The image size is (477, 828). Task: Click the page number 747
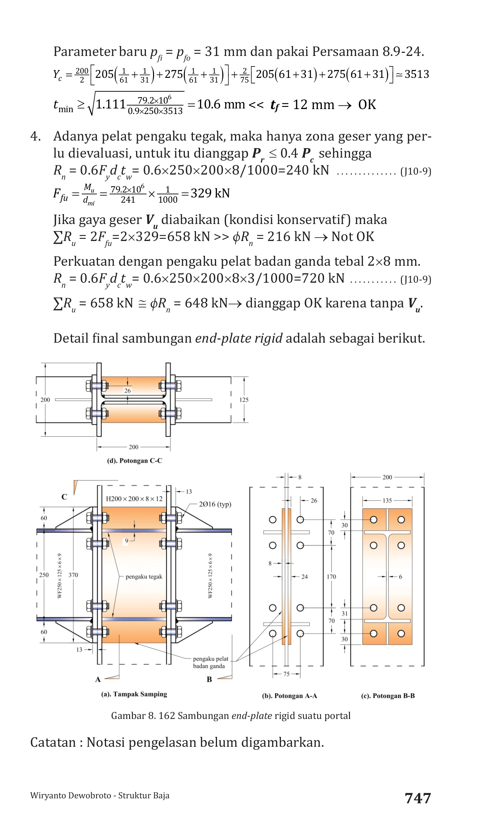point(418,798)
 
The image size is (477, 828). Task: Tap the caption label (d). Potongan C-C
point(135,461)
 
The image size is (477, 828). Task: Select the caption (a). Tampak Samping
point(134,694)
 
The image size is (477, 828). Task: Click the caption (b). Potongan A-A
point(289,696)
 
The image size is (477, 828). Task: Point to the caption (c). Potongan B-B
point(388,696)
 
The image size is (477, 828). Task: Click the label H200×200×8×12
point(134,499)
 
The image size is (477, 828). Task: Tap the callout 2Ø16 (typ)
point(215,504)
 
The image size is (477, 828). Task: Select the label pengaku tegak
point(144,577)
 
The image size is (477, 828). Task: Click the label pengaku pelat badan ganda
point(210,662)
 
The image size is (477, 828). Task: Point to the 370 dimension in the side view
point(73,575)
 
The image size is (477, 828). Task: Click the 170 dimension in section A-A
point(331,577)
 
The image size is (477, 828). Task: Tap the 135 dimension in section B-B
point(387,501)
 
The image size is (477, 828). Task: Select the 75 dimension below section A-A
point(286,674)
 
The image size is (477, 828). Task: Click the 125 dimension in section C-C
point(244,400)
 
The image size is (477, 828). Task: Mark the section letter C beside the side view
point(64,497)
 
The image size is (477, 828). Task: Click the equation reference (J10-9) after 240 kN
point(416,171)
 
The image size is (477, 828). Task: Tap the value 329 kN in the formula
point(210,193)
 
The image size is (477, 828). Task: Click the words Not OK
point(352,236)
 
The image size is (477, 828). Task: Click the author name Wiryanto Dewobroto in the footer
point(70,796)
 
